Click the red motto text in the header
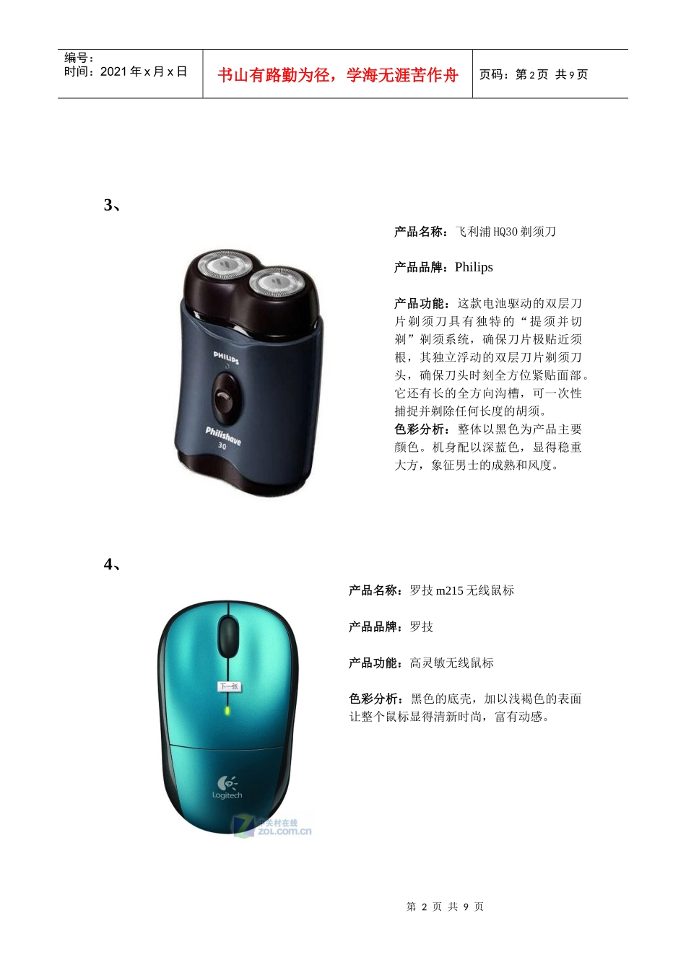coord(337,75)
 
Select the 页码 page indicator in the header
coord(534,74)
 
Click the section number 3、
coord(112,205)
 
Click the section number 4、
coord(112,564)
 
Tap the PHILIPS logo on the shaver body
coord(226,358)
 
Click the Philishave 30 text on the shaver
coord(222,437)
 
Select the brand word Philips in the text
coord(474,267)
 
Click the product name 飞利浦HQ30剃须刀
coord(505,232)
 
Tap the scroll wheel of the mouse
coord(228,636)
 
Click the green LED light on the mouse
coord(227,710)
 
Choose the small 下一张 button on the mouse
coord(229,686)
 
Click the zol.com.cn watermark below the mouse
coord(272,826)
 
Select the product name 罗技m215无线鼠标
coord(461,590)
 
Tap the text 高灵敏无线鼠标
coord(451,663)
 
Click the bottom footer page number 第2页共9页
coord(445,906)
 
